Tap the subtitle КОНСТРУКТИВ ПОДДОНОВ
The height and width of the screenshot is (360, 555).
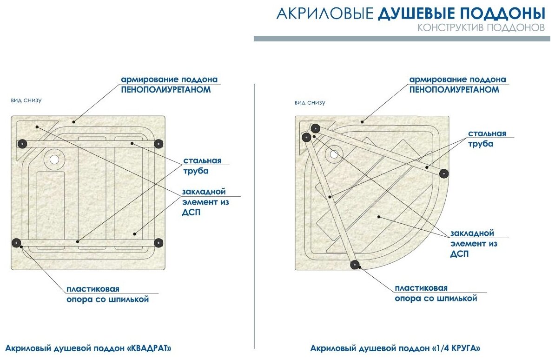[481, 28]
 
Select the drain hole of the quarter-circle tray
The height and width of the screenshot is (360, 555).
[333, 154]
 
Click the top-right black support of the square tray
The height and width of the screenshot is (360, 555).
[159, 143]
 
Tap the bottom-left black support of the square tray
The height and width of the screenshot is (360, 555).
[17, 242]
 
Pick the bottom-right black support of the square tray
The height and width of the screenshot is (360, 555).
[159, 242]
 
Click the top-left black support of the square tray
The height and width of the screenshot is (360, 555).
[22, 143]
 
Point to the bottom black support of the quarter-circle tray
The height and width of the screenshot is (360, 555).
[355, 265]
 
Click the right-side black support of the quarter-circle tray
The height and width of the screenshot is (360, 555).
[444, 173]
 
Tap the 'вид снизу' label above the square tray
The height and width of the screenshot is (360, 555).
[26, 100]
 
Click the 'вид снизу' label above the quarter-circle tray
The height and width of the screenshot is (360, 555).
[310, 102]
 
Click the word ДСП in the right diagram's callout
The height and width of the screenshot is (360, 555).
[459, 254]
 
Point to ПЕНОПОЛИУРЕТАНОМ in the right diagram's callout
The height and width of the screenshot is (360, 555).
[454, 90]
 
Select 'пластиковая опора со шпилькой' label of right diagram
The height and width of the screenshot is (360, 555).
[436, 293]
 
